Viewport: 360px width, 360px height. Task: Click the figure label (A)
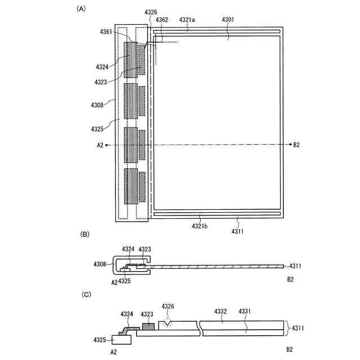coord(82,8)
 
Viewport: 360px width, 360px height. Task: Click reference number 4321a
coord(187,19)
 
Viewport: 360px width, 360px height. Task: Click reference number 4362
coord(162,20)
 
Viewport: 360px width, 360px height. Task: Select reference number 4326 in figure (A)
coord(151,12)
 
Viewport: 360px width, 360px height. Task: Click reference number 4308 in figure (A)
coord(97,105)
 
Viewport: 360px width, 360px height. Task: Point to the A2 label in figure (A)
coord(100,145)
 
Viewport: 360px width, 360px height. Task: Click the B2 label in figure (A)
coord(296,145)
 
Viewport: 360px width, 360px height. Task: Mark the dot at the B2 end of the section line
coord(288,145)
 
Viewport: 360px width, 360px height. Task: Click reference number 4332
coord(220,310)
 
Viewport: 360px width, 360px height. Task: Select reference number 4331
coord(245,310)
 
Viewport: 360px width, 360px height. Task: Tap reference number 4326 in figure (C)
coord(168,306)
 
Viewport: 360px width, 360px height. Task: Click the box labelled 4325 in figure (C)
coord(121,339)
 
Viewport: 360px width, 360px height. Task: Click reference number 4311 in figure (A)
coord(238,230)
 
